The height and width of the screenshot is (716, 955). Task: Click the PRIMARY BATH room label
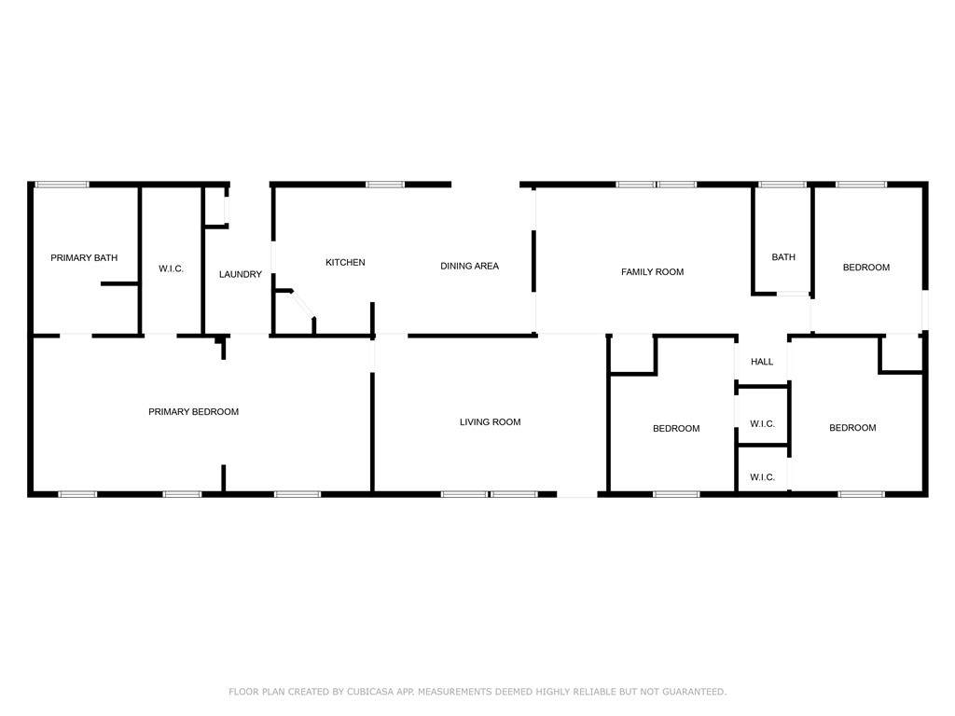click(x=84, y=257)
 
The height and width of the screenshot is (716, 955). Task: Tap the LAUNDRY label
click(x=241, y=275)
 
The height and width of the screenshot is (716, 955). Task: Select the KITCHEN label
click(x=345, y=262)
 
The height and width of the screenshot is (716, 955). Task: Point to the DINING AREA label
click(x=470, y=266)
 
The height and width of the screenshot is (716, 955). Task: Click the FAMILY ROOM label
click(x=652, y=272)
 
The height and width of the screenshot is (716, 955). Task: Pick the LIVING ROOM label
click(x=491, y=422)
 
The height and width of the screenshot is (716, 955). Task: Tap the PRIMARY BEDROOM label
click(x=194, y=412)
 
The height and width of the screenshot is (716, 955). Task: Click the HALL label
click(x=762, y=362)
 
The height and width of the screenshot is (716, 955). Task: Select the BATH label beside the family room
click(x=783, y=257)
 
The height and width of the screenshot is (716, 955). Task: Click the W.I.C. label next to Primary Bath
click(x=172, y=268)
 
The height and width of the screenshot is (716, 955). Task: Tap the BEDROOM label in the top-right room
click(x=866, y=268)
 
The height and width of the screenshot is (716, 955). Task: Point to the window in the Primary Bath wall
click(x=62, y=185)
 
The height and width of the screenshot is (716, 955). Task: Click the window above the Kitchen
click(x=385, y=185)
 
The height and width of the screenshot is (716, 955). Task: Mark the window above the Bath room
click(x=782, y=185)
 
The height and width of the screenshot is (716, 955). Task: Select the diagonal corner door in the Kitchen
click(x=302, y=305)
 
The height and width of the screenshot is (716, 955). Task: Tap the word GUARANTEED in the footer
click(x=694, y=692)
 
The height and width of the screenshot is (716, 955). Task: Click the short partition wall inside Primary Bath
click(x=120, y=283)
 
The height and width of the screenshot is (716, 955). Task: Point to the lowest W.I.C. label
click(x=763, y=477)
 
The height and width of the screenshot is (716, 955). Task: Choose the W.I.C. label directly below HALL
click(x=763, y=424)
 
